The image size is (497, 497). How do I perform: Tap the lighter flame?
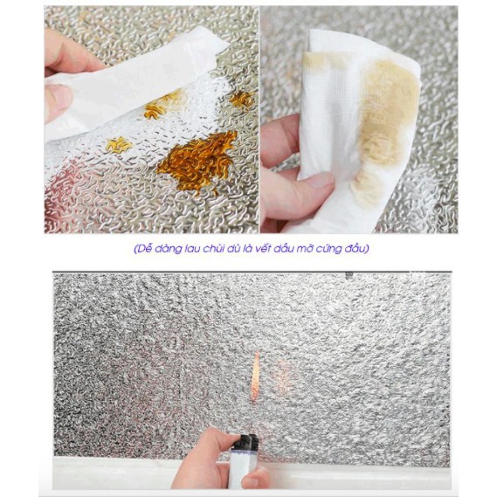pyautogui.click(x=255, y=376)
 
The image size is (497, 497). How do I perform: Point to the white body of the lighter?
pyautogui.click(x=244, y=469)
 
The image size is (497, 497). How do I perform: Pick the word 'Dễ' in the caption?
pyautogui.click(x=143, y=248)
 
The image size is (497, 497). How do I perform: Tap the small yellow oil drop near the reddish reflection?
pyautogui.click(x=118, y=145)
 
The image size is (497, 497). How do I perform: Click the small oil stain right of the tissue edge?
pyautogui.click(x=242, y=100)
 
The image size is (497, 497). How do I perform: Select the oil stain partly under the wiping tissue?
pyautogui.click(x=162, y=105)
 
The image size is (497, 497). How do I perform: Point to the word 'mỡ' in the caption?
pyautogui.click(x=304, y=248)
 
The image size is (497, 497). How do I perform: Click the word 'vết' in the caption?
pyautogui.click(x=261, y=248)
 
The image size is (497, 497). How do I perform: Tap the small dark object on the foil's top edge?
pyautogui.click(x=349, y=275)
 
